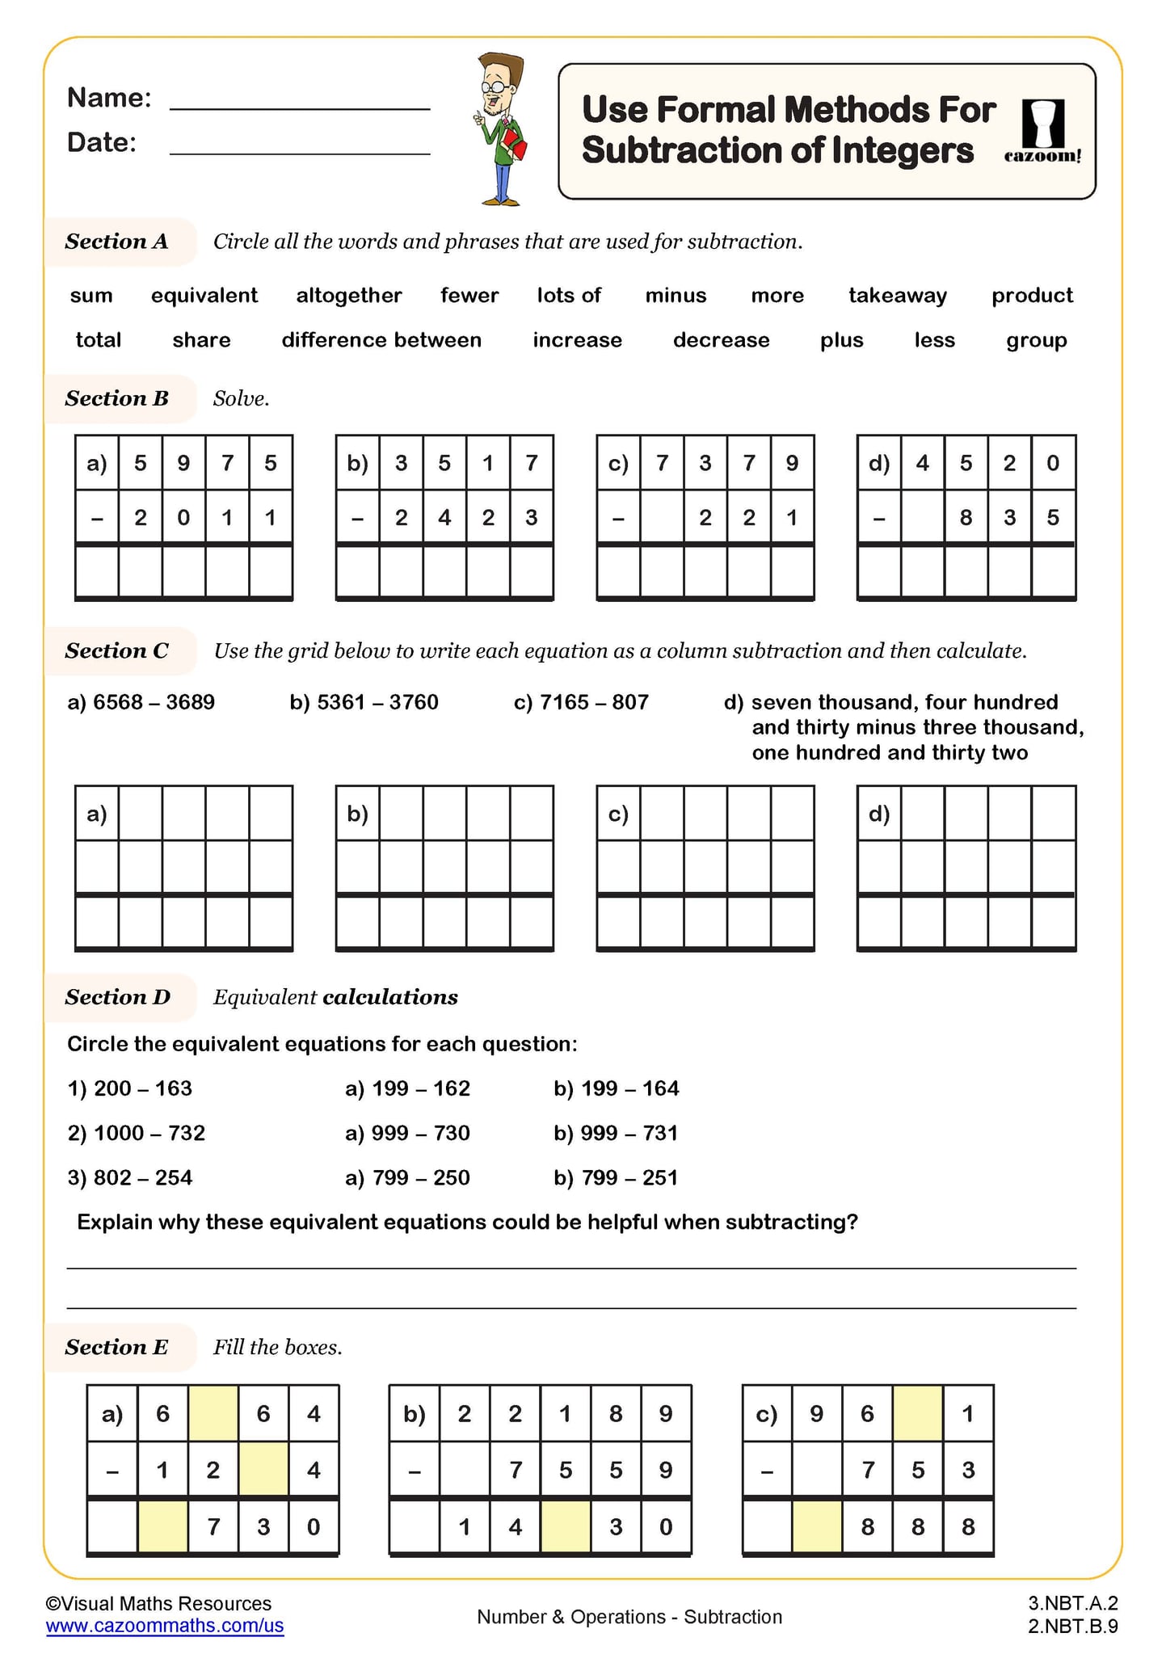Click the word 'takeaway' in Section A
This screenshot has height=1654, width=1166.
coord(897,296)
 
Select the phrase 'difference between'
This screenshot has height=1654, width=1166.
coord(381,340)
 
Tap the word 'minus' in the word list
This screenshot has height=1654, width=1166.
coord(676,296)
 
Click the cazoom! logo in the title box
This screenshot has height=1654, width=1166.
coord(1042,131)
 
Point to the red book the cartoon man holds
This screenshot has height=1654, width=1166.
coord(517,146)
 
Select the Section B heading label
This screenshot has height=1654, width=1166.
coord(117,398)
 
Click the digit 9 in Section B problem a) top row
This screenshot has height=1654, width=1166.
coord(183,463)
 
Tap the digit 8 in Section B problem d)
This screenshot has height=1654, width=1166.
coord(966,517)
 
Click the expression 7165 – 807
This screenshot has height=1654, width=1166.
coord(581,702)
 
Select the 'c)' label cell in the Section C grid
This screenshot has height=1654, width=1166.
coord(618,814)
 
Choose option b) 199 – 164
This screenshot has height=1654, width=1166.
coord(617,1088)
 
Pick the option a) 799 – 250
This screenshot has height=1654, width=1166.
coord(407,1177)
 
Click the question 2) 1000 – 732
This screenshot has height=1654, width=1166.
coord(136,1133)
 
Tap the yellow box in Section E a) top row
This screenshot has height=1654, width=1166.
coord(213,1413)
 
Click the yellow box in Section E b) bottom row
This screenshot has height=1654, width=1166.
coord(565,1526)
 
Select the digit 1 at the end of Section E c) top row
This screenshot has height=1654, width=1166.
coord(968,1413)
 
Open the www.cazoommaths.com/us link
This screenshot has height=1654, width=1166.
coord(165,1626)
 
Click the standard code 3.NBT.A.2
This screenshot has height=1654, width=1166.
coord(1072,1603)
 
